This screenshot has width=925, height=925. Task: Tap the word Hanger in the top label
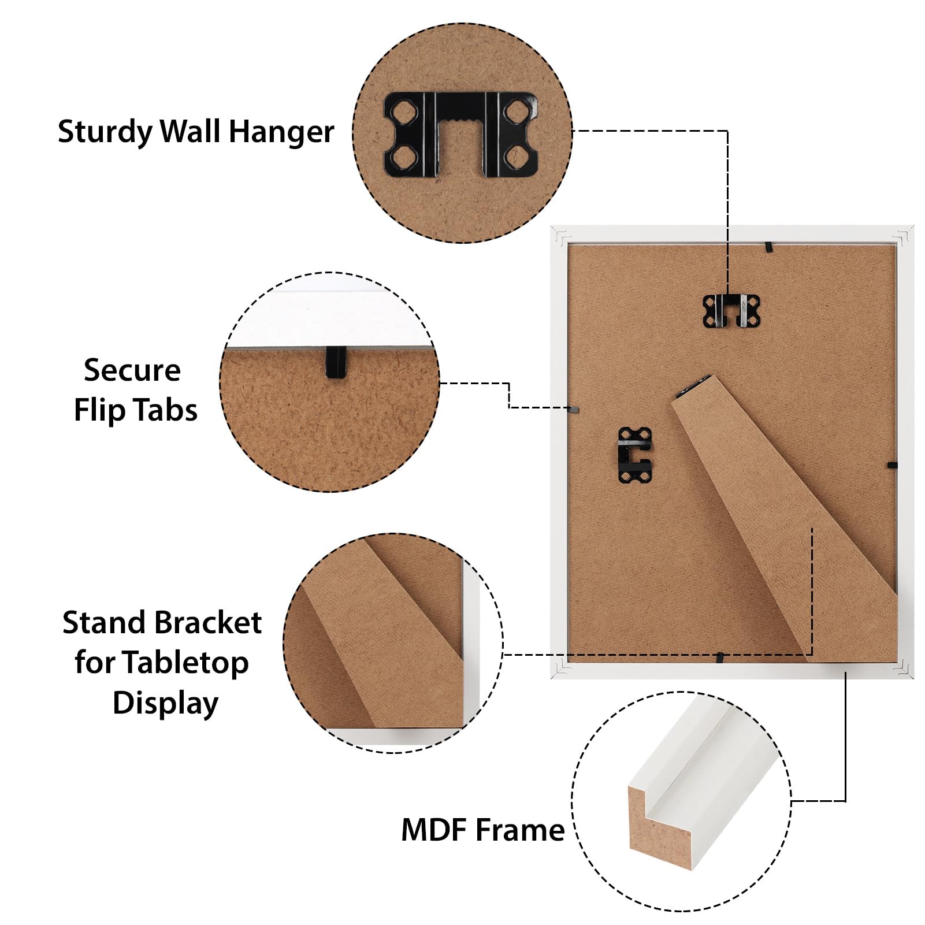click(x=281, y=132)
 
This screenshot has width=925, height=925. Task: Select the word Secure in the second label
click(x=132, y=370)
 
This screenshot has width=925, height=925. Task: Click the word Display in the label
click(x=165, y=704)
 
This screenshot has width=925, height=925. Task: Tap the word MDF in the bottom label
click(x=435, y=830)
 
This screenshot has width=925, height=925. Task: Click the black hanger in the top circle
click(x=461, y=134)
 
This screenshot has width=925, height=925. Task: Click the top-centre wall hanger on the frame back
click(x=731, y=311)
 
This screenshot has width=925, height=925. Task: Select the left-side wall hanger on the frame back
click(x=635, y=455)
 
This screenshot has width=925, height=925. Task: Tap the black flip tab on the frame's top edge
click(x=769, y=248)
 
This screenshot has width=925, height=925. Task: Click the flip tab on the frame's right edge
click(x=892, y=465)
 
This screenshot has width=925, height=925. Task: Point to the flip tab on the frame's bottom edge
click(x=720, y=657)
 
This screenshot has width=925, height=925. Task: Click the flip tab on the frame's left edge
click(x=574, y=409)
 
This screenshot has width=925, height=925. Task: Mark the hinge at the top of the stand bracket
click(x=692, y=386)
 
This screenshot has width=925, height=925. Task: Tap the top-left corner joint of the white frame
click(x=560, y=236)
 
